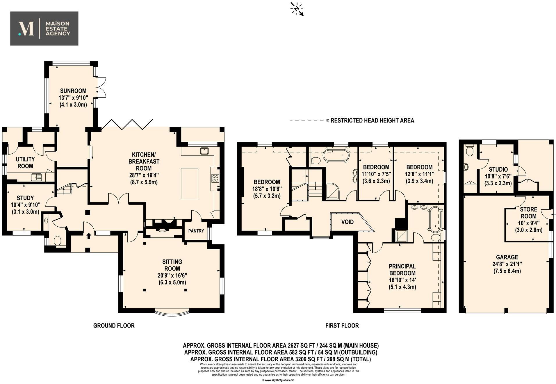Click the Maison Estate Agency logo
click(44, 28)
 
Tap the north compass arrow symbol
click(297, 9)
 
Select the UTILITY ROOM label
click(25, 163)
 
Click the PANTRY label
click(196, 231)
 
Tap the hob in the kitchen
click(215, 178)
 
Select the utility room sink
click(37, 177)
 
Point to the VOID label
click(347, 222)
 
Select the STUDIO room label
click(498, 169)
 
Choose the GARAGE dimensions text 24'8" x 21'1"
click(507, 264)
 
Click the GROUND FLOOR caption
click(114, 326)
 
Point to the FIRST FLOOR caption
click(342, 326)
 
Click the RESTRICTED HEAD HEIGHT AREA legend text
click(372, 120)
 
